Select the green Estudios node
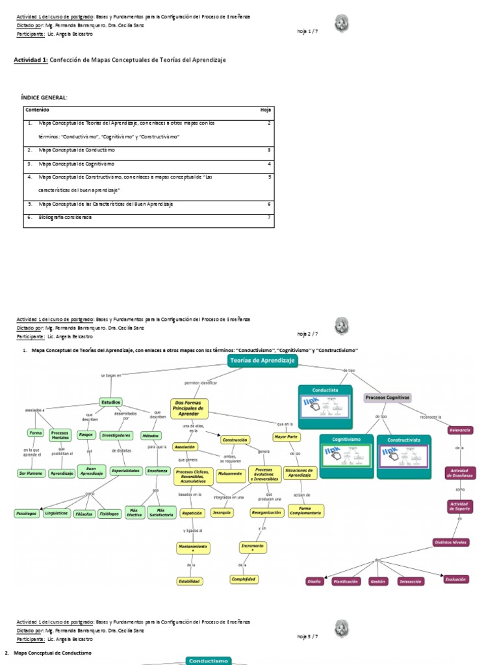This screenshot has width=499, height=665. [111, 402]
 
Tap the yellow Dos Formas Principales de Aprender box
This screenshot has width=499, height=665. [190, 408]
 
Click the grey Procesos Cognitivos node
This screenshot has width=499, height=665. [388, 397]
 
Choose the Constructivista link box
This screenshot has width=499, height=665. [403, 457]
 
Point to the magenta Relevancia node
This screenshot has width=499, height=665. [460, 430]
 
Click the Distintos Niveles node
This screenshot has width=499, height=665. [451, 542]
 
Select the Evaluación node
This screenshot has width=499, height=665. [455, 579]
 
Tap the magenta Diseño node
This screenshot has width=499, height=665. [315, 582]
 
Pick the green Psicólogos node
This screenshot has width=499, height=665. [25, 514]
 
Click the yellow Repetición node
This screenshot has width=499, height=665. [192, 512]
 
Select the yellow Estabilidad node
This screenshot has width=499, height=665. [190, 581]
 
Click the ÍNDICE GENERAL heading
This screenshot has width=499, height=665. [44, 97]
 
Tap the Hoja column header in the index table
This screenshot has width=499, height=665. [264, 110]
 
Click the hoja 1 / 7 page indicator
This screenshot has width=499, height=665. [307, 30]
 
